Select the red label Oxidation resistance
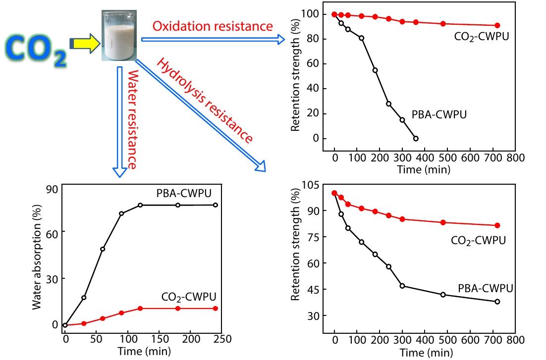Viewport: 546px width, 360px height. (213, 26)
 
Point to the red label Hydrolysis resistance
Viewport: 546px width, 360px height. (205, 101)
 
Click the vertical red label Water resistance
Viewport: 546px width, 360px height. (132, 119)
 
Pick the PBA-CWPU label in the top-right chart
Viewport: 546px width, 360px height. (439, 114)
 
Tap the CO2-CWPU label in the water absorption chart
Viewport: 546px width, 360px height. (189, 297)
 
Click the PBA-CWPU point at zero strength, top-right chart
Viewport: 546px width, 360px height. (416, 138)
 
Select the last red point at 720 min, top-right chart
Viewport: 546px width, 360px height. (497, 25)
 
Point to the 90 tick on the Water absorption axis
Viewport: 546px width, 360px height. (52, 189)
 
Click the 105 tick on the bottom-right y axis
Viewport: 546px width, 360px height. (309, 185)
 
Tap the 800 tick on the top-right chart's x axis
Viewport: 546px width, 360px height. (515, 158)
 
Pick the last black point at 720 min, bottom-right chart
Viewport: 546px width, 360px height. (497, 302)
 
